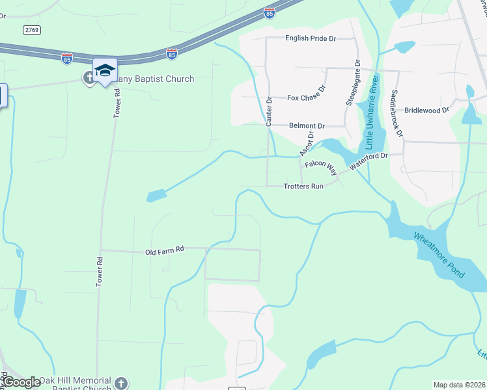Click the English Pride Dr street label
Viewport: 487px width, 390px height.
point(310,39)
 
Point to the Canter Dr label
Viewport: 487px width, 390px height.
point(268,111)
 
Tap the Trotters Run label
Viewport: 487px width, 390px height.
point(303,187)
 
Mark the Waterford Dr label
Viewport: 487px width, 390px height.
point(368,161)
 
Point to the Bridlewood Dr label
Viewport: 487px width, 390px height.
point(426,110)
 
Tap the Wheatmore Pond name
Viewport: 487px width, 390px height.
point(440,254)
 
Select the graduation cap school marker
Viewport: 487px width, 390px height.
point(104,69)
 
